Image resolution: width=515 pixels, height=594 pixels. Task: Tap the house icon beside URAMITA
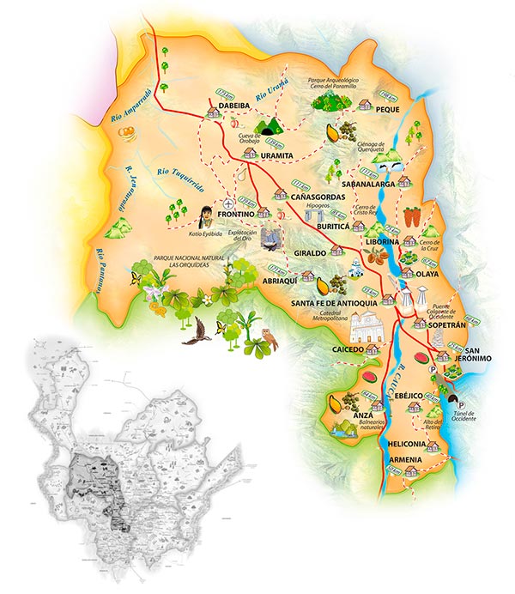[251, 153]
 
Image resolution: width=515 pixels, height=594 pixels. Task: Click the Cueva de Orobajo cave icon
[271, 127]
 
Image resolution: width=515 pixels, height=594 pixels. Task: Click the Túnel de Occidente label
[463, 417]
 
